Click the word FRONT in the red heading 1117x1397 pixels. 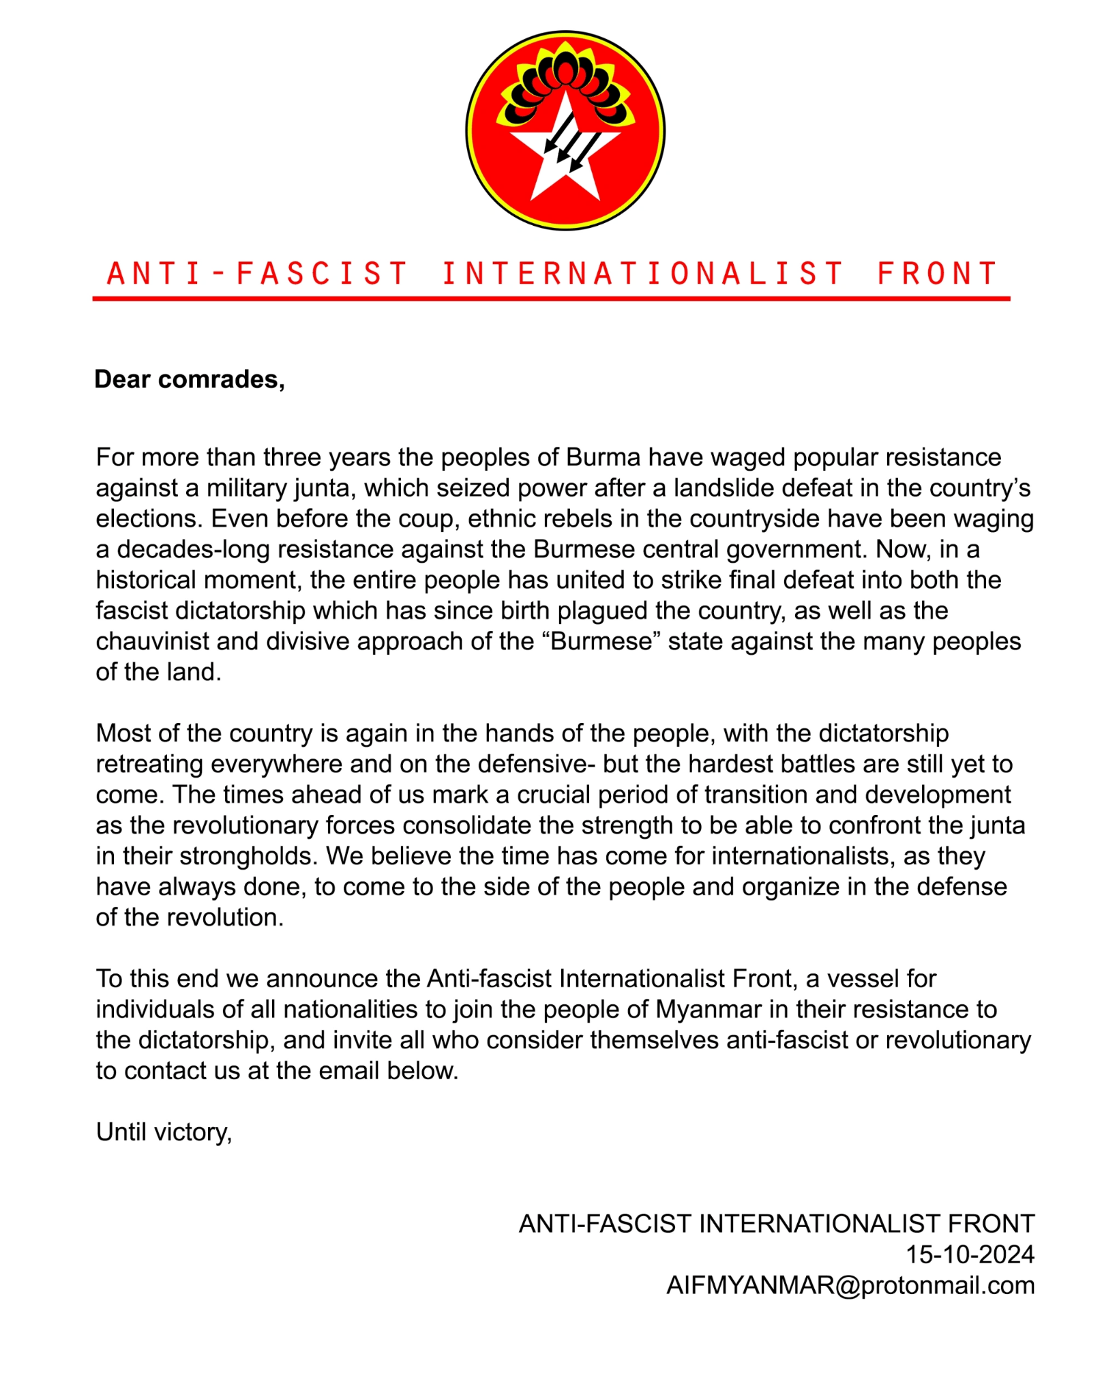click(x=937, y=274)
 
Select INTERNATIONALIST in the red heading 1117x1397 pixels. click(x=642, y=274)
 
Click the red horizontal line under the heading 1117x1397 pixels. click(x=551, y=298)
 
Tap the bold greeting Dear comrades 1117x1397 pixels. click(x=190, y=379)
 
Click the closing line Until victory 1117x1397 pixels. click(x=164, y=1132)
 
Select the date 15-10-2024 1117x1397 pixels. click(x=970, y=1255)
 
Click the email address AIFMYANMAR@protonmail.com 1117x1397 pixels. click(x=850, y=1286)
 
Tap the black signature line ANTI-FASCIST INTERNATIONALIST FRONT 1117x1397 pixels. click(x=777, y=1224)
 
